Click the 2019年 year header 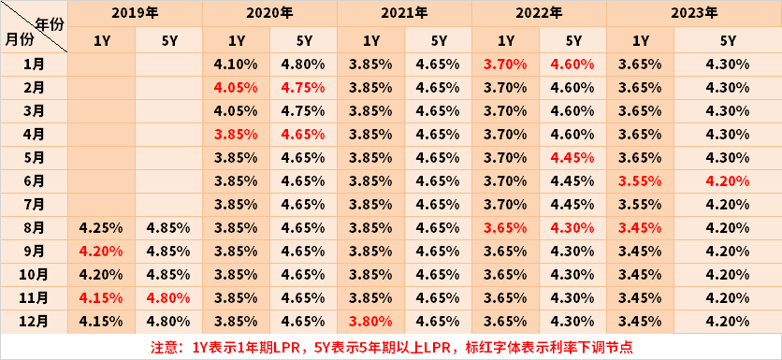pyautogui.click(x=135, y=14)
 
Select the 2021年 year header pyautogui.click(x=405, y=14)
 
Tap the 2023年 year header pyautogui.click(x=695, y=14)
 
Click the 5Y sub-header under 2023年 pyautogui.click(x=729, y=41)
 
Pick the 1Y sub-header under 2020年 pyautogui.click(x=236, y=41)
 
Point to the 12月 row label pyautogui.click(x=34, y=321)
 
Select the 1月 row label pyautogui.click(x=34, y=65)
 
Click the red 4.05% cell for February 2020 pyautogui.click(x=236, y=88)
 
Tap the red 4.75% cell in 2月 pyautogui.click(x=304, y=88)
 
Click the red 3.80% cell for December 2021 pyautogui.click(x=370, y=321)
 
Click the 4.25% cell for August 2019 pyautogui.click(x=101, y=228)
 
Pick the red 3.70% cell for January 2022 pyautogui.click(x=506, y=65)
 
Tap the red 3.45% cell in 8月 pyautogui.click(x=641, y=228)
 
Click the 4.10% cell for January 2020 pyautogui.click(x=236, y=65)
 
